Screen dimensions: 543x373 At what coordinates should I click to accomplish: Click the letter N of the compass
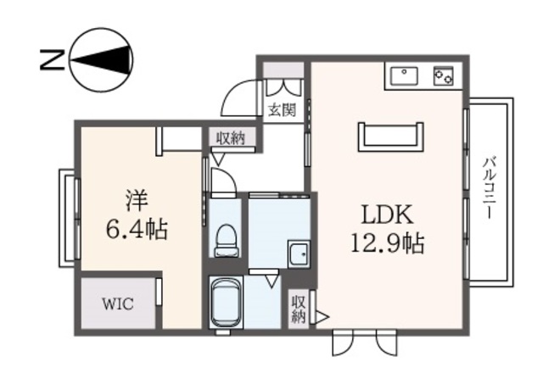click(x=53, y=60)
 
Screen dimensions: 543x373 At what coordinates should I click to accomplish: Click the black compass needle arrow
click(x=102, y=59)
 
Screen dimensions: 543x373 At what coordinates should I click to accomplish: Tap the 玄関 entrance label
click(x=283, y=109)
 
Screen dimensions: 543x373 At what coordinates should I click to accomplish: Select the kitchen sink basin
click(x=404, y=75)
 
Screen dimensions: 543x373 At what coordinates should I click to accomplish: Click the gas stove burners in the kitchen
click(x=443, y=75)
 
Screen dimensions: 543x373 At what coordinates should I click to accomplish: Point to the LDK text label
click(x=388, y=214)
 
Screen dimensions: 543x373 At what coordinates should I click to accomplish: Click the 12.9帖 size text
click(x=388, y=243)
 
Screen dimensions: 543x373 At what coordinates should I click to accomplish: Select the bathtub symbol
click(x=227, y=302)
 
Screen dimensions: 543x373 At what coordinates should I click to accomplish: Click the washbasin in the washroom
click(x=298, y=253)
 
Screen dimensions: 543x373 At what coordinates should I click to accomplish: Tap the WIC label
click(x=118, y=304)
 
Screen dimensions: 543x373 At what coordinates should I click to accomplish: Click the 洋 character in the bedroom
click(x=137, y=202)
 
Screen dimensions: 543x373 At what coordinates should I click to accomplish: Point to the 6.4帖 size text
click(x=137, y=229)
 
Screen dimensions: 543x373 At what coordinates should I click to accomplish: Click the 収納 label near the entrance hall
click(x=231, y=138)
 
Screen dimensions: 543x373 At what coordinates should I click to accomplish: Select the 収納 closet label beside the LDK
click(x=298, y=309)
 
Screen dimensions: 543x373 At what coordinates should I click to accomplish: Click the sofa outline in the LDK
click(x=391, y=136)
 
